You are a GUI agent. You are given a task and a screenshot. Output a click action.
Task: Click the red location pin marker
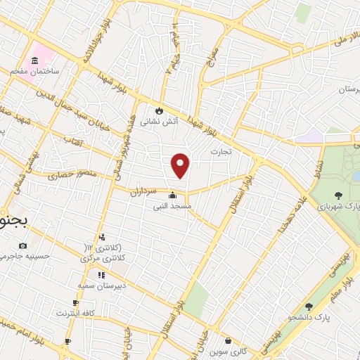click(x=181, y=166)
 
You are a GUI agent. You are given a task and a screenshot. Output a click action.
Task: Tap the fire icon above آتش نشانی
click(x=160, y=110)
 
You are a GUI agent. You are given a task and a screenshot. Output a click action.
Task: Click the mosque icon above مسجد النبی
click(x=173, y=195)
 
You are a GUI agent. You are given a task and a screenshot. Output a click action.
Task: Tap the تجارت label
click(x=221, y=151)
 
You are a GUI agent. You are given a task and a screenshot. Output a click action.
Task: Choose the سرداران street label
click(x=148, y=190)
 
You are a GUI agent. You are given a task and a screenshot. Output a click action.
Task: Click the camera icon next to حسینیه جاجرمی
click(x=23, y=245)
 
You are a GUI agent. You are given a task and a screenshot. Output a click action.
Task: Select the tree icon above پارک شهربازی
click(x=339, y=195)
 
